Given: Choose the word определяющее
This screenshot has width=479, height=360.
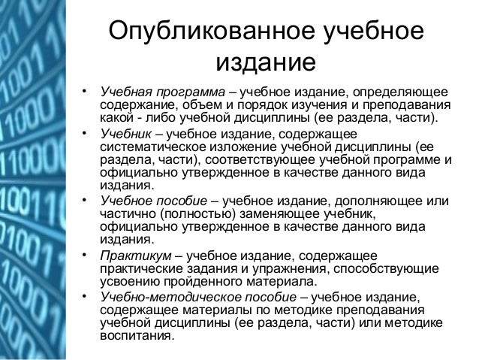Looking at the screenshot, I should pyautogui.click(x=405, y=91).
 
